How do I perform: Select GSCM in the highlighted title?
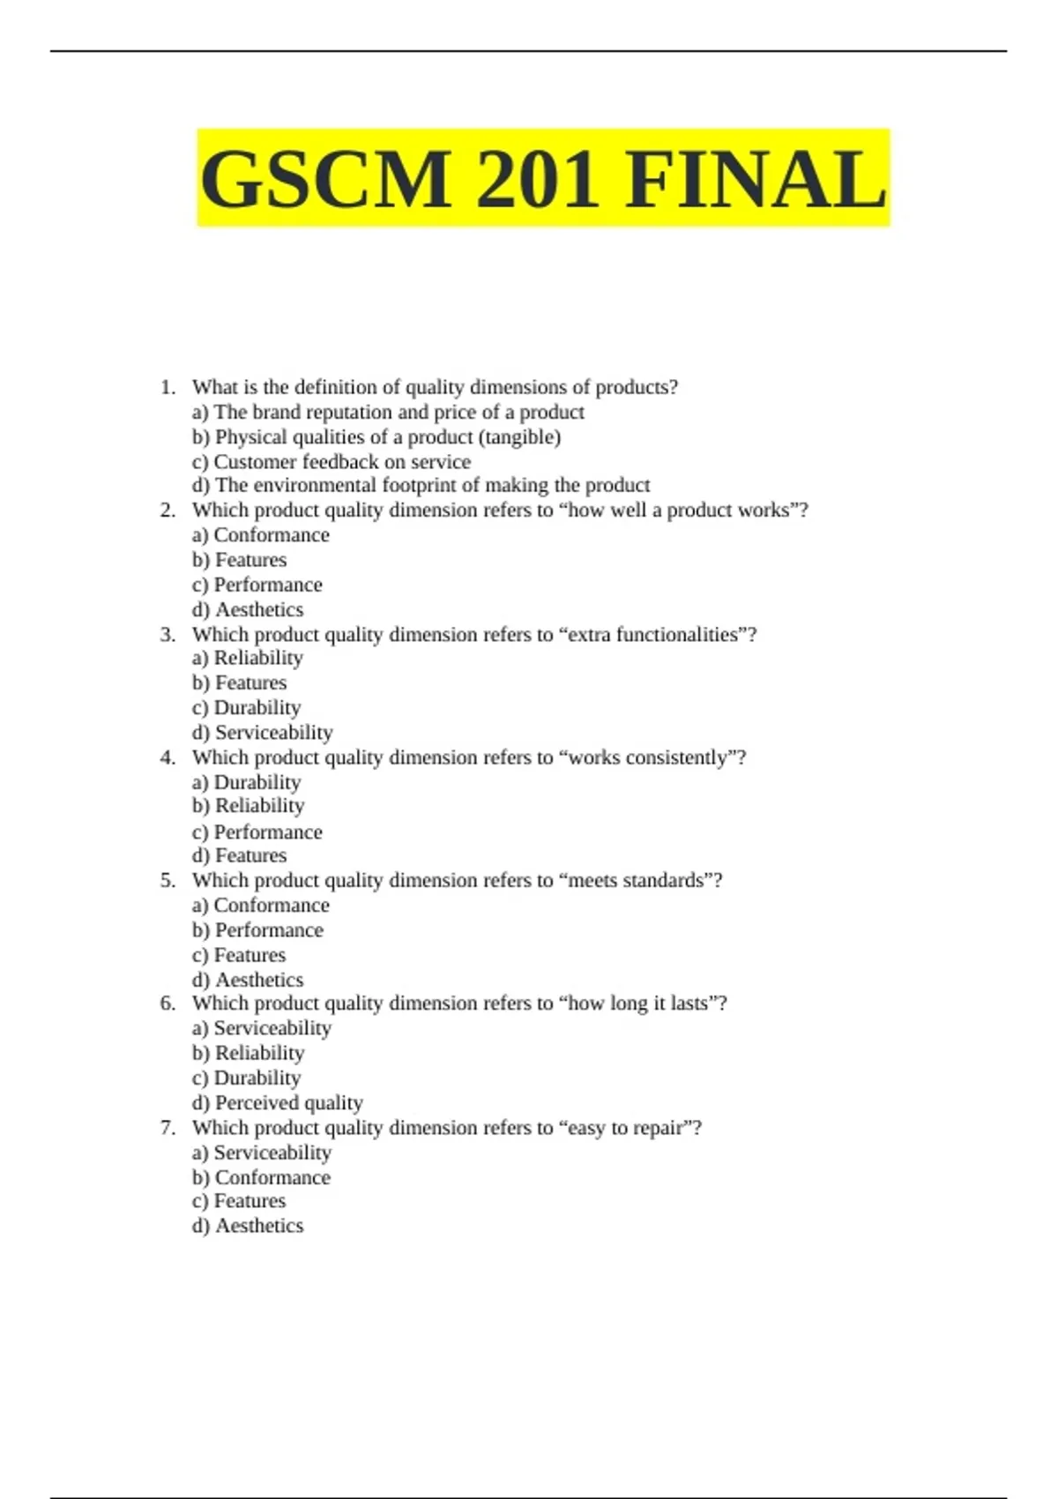325,179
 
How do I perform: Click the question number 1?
168,387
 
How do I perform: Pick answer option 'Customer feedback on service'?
332,461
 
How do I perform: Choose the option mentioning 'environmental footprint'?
421,485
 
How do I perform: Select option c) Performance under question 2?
257,585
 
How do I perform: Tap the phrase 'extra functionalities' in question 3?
653,635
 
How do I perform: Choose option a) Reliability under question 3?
248,658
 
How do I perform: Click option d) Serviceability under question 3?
262,732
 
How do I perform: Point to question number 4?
168,757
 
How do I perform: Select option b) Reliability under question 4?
248,806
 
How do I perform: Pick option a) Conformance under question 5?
261,905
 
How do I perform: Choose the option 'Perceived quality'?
278,1102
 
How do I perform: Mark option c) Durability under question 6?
247,1078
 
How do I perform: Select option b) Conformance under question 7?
261,1177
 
